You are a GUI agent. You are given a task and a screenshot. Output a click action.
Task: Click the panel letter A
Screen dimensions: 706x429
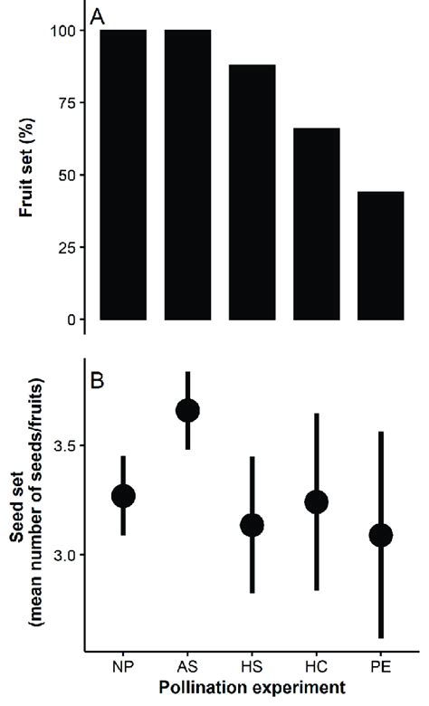(x=98, y=15)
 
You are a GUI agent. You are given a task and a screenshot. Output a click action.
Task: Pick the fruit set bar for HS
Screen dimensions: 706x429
(x=252, y=199)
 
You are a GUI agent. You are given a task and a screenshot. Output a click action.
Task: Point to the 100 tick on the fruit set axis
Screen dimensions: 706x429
(x=62, y=31)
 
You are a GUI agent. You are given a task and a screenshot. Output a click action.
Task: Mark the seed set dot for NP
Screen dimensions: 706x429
(x=123, y=496)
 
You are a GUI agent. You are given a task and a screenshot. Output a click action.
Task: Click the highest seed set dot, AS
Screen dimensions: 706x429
(x=187, y=411)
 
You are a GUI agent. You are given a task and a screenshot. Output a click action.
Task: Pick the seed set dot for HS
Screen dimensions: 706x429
(x=252, y=525)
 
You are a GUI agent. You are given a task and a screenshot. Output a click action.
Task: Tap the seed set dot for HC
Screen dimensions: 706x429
(x=317, y=502)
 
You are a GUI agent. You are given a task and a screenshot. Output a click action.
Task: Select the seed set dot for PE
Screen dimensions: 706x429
(x=381, y=535)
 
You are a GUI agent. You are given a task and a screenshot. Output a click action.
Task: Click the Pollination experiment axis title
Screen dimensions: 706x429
(x=252, y=689)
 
